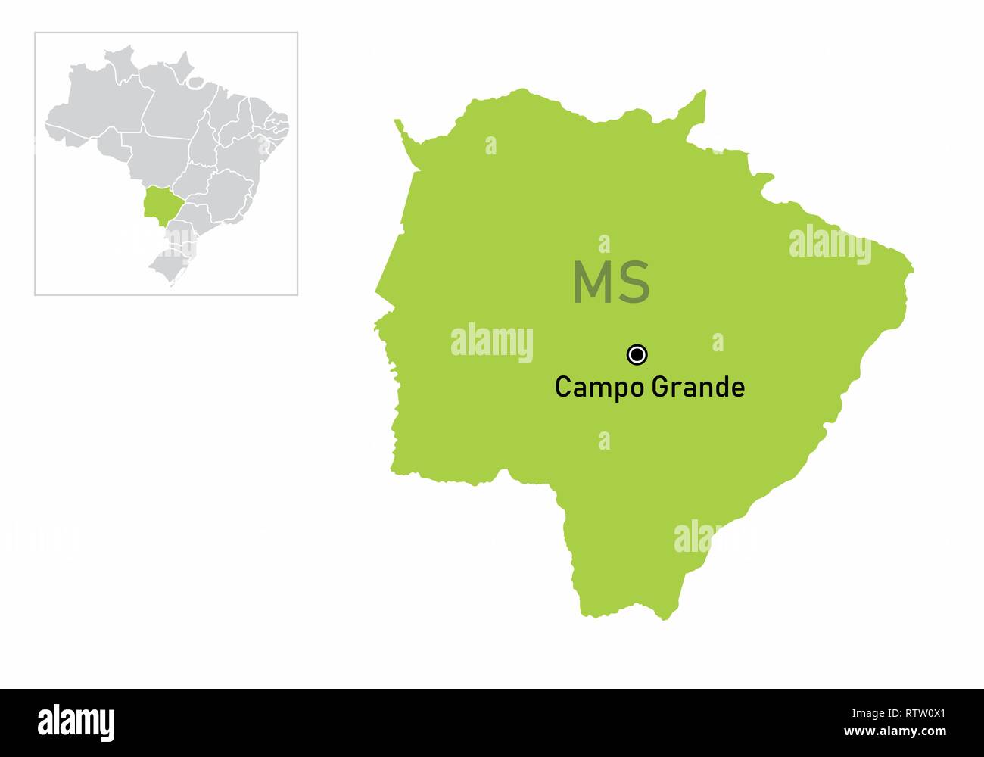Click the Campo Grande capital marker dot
click(637, 354)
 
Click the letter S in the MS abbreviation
click(634, 282)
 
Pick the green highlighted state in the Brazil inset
click(159, 203)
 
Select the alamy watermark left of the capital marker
click(492, 342)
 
